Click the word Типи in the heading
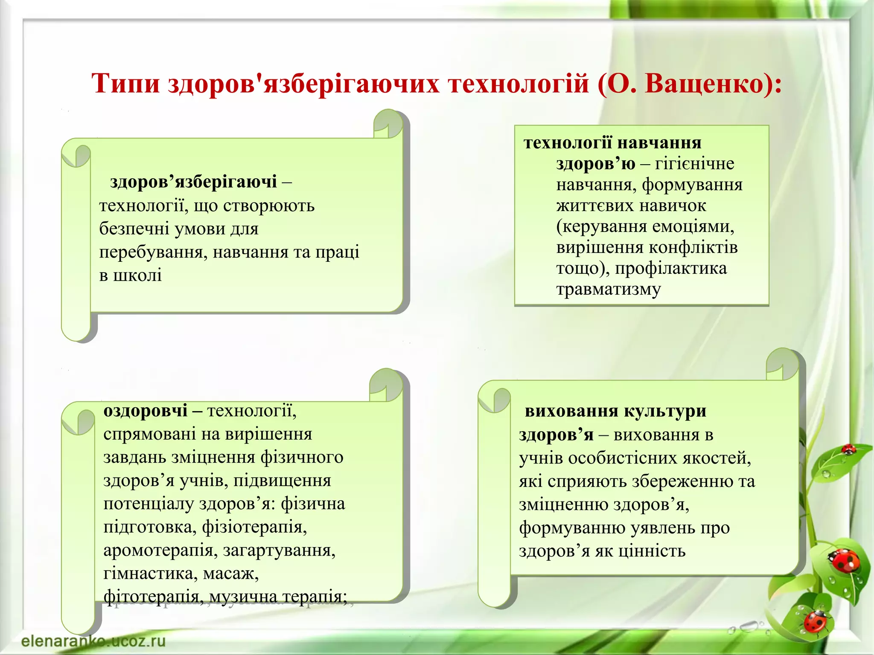coord(126,84)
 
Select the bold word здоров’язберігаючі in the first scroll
coord(193,182)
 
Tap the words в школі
coord(131,275)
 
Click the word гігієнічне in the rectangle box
coord(695,164)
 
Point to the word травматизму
coord(609,290)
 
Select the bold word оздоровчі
coord(146,411)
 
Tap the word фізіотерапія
coord(254,527)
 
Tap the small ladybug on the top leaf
coord(848,449)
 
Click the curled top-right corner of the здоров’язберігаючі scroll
coord(387,124)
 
